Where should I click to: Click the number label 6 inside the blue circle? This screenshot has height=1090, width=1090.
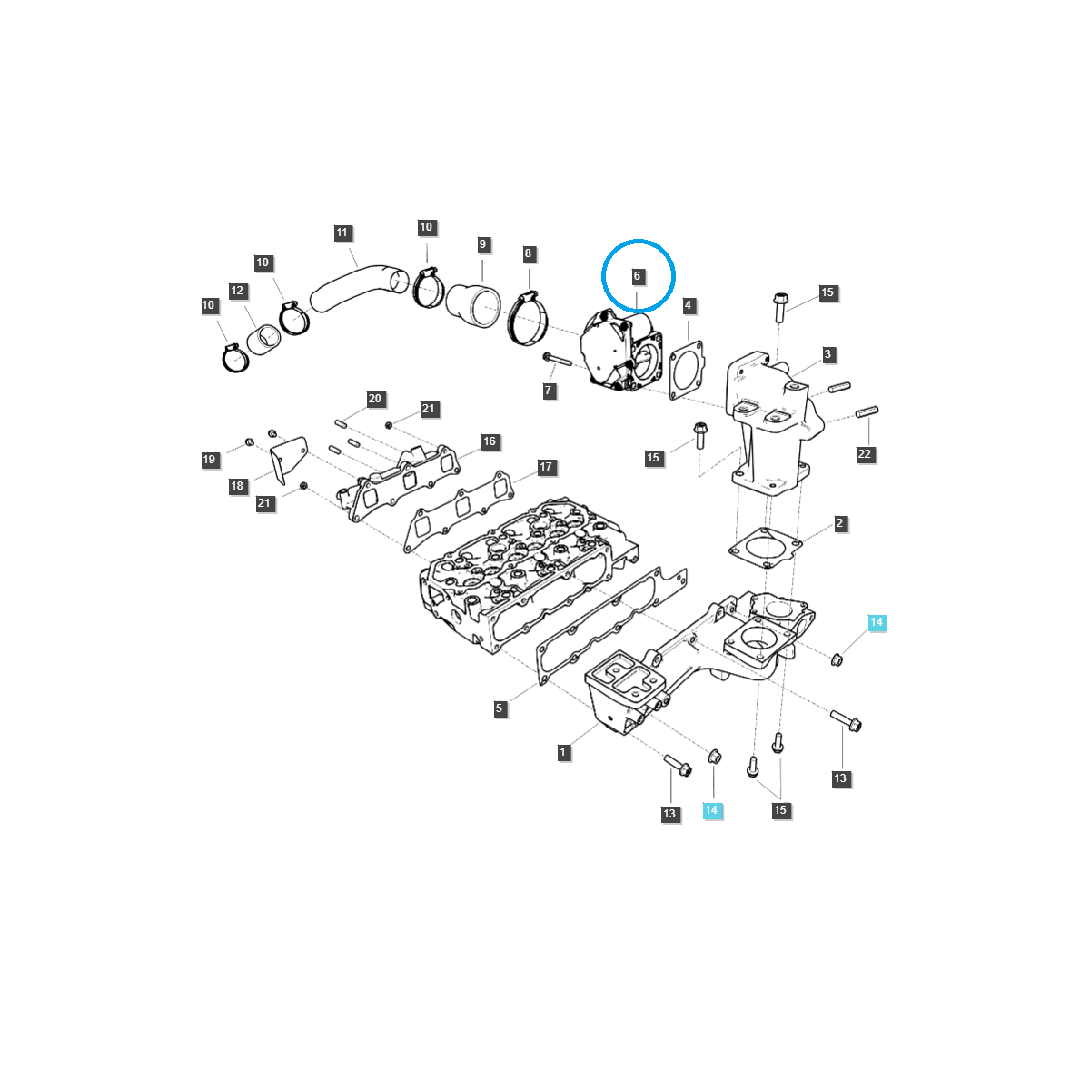637,276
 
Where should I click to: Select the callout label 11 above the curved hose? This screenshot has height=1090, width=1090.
342,233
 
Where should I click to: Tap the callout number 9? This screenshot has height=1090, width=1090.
483,244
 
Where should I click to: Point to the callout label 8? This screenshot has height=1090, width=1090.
529,254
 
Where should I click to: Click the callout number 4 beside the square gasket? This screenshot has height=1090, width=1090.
689,306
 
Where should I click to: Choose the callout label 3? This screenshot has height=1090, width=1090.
828,355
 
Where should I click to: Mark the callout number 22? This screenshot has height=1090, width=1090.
865,454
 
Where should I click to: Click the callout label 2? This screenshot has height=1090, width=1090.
840,524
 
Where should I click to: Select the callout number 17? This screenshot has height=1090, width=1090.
546,468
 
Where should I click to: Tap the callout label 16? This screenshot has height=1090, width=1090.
490,442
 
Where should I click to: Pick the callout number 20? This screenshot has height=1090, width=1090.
375,400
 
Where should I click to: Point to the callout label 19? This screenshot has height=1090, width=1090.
210,460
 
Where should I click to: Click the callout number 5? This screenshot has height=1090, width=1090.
500,709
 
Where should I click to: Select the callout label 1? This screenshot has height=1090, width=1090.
563,752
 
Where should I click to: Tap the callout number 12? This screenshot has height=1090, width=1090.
237,292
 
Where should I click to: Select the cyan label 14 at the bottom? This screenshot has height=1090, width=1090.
712,810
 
